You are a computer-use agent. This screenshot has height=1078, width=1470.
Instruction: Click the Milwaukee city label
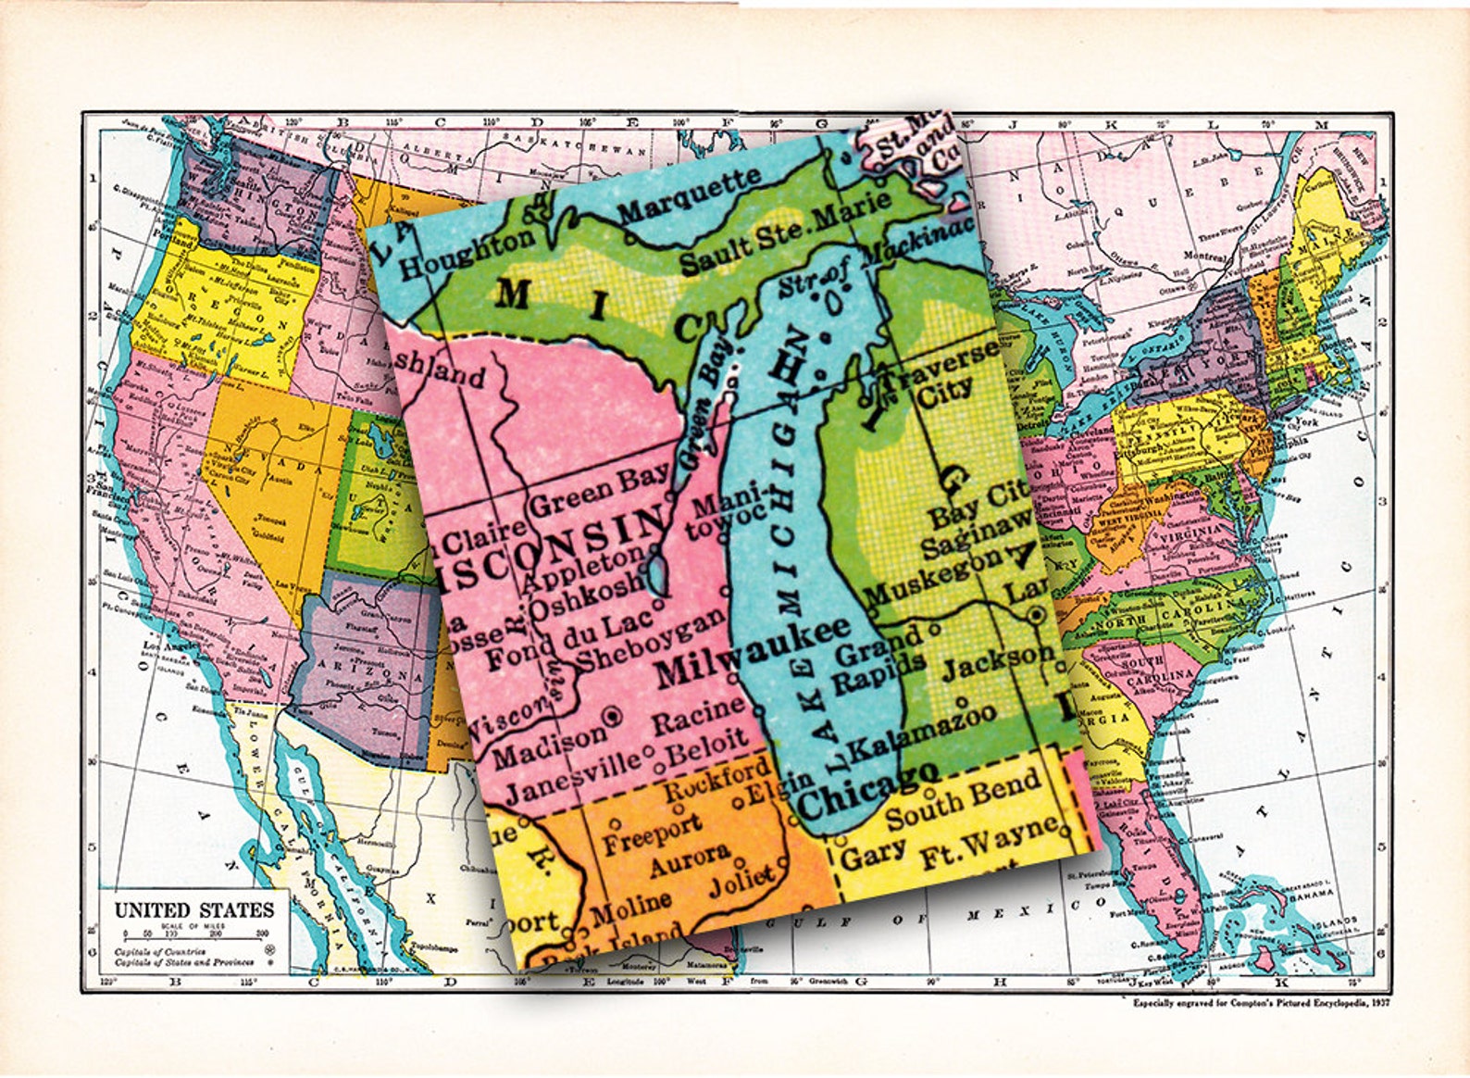point(752,652)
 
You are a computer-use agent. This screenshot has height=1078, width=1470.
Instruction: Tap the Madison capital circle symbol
point(611,716)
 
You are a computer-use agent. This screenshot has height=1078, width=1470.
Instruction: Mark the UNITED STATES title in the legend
point(193,909)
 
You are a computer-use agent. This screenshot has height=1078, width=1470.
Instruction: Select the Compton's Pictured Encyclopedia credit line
point(1261,1002)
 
